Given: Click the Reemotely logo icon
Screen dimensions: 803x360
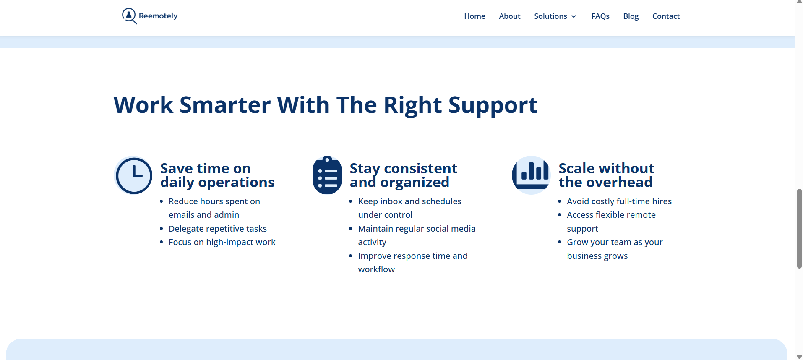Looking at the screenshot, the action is pos(129,16).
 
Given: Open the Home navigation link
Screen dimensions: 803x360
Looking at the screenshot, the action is pos(474,16).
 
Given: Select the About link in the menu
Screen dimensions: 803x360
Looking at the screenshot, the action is pos(510,16).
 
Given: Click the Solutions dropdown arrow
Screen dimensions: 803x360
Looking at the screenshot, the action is pos(574,17).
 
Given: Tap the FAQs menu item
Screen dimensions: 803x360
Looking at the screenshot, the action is pos(600,16).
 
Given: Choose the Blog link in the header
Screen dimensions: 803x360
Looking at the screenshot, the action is pos(631,16).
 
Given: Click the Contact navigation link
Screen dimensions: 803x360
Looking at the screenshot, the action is pos(666,16).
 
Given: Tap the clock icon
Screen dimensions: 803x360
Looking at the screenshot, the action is pos(134,175).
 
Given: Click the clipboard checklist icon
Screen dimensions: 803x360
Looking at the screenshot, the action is pos(327,175).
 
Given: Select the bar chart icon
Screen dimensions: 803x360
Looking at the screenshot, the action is pos(531,175).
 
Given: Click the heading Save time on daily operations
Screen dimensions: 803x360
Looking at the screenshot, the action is pos(217,175).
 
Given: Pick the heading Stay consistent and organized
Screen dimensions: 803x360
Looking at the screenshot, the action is pos(404,175).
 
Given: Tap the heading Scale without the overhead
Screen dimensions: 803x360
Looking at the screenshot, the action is pos(607,175).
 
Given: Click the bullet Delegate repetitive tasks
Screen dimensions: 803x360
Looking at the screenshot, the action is pos(218,229).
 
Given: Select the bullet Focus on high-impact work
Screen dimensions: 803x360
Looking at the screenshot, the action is pos(222,242).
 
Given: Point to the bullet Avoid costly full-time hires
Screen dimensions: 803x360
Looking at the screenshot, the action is pos(619,201).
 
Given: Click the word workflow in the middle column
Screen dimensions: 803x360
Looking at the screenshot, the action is pos(376,269).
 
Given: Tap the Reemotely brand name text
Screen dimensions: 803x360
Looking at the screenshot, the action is pos(158,16).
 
